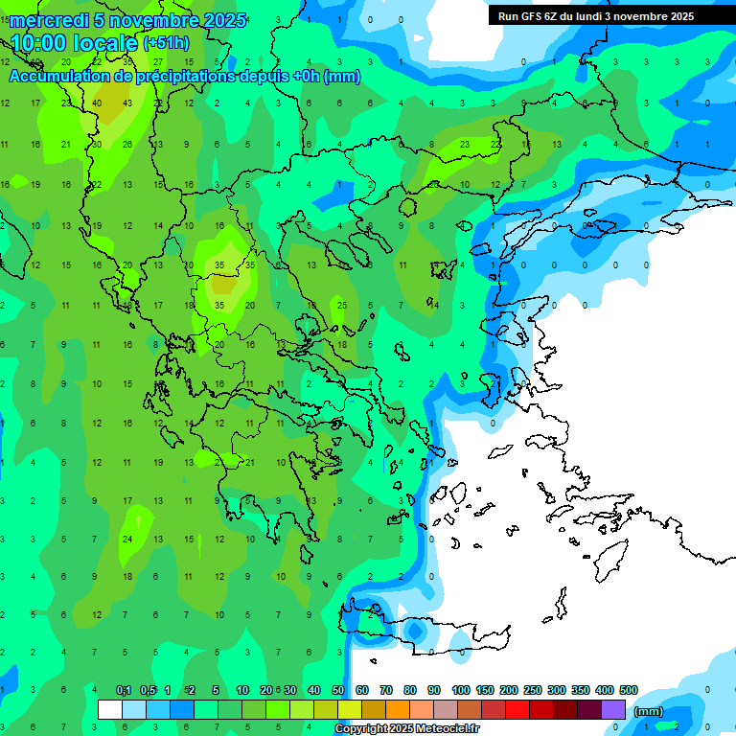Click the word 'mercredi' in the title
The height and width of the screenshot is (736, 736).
tap(49, 20)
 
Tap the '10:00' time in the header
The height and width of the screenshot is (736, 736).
tap(39, 43)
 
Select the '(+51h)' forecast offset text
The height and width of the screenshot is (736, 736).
tap(166, 43)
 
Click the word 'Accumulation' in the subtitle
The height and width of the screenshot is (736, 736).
tap(64, 76)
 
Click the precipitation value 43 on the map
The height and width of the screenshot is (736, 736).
tap(127, 103)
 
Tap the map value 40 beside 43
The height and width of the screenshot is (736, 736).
tap(98, 103)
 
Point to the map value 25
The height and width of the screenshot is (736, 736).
tap(341, 306)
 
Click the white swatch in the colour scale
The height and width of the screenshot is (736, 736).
tap(110, 710)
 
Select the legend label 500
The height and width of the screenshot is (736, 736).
tap(629, 691)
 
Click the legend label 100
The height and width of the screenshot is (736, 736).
tap(461, 691)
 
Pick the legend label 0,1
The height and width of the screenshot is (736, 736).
tap(124, 691)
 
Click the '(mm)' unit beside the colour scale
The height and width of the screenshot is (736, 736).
tap(649, 711)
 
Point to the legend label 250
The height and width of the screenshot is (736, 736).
tap(533, 691)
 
